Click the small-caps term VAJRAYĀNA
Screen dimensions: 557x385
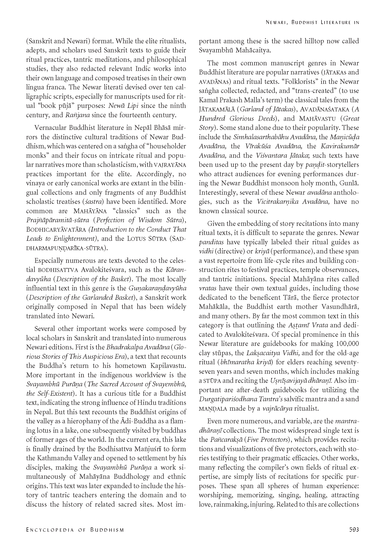(170, 165)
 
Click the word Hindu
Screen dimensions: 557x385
(148, 403)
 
